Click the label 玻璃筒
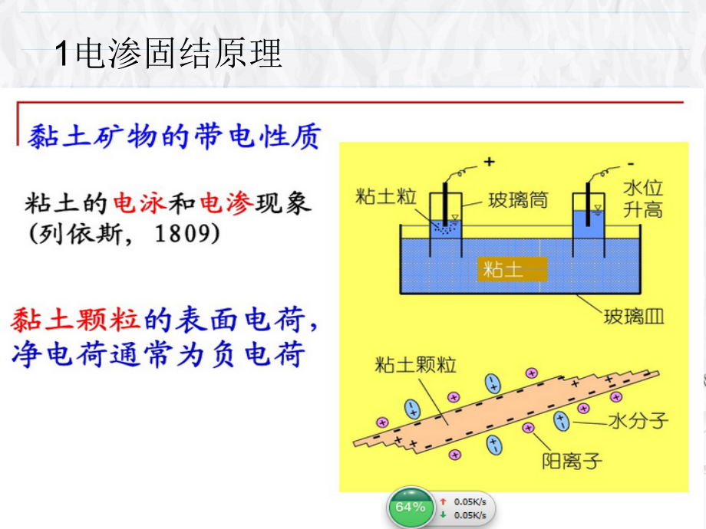coord(519,201)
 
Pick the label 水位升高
coord(642,199)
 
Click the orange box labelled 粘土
coord(513,269)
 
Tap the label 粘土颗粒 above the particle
coord(415,365)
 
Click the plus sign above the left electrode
coord(489,163)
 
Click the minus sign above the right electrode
coord(630,163)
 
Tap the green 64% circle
coord(410,507)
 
